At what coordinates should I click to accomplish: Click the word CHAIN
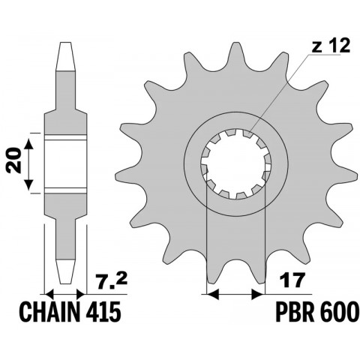(40, 310)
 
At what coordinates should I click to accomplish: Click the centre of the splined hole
(234, 164)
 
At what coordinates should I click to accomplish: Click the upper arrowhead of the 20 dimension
(31, 141)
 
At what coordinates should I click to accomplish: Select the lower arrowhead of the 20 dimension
(31, 186)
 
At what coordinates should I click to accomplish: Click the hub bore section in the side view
(67, 163)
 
